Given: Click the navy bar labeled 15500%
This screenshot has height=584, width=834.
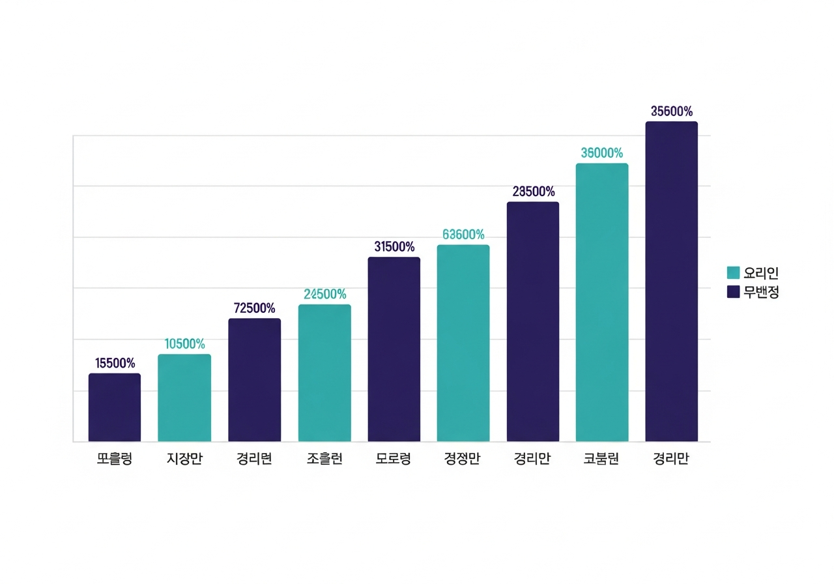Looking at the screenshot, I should [x=115, y=407].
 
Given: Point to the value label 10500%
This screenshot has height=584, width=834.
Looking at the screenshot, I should [x=184, y=344].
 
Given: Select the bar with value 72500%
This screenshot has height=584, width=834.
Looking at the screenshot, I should [x=254, y=380].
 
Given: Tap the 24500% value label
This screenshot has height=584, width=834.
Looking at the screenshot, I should [x=324, y=295].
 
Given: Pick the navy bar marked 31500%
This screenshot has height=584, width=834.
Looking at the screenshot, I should [x=394, y=349].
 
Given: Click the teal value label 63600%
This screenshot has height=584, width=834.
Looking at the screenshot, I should [x=463, y=235].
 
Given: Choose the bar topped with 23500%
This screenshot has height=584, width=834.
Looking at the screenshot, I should [x=533, y=322].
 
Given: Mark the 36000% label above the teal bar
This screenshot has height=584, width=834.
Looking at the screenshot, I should [x=602, y=153].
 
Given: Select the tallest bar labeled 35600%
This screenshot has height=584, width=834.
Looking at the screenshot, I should [x=672, y=282].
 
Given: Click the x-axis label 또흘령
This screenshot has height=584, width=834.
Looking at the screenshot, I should [x=115, y=459].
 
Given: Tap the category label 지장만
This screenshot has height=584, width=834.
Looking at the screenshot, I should [x=184, y=459].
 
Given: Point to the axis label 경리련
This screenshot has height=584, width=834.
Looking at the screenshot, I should [x=254, y=459].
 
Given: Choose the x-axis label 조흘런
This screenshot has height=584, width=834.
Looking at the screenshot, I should [x=324, y=459].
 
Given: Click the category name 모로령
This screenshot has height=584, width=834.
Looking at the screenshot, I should [x=394, y=459].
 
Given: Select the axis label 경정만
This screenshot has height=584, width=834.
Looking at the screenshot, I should [x=463, y=459].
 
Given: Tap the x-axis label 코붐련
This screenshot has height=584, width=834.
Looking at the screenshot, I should [x=602, y=459].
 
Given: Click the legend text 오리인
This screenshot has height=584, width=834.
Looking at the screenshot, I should [x=762, y=273].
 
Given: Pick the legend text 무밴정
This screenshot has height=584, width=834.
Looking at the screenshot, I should [x=762, y=293].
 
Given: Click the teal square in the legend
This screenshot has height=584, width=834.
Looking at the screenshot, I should [x=734, y=273].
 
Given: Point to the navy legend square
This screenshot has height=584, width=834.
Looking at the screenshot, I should [x=734, y=293].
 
